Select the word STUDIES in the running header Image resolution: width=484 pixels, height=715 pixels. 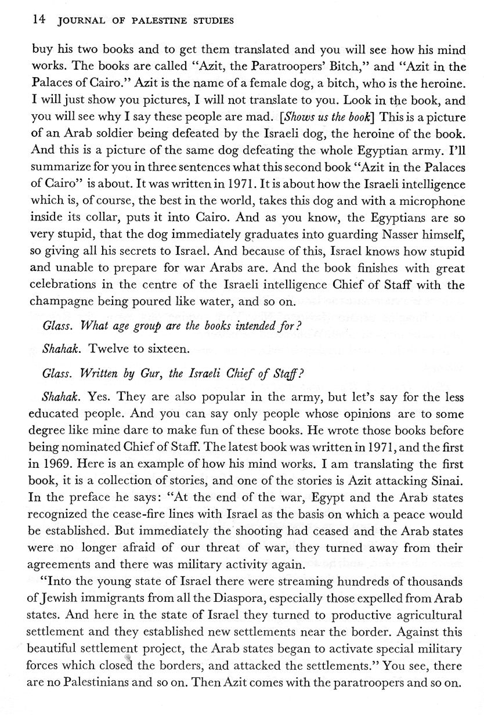[212, 21]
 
